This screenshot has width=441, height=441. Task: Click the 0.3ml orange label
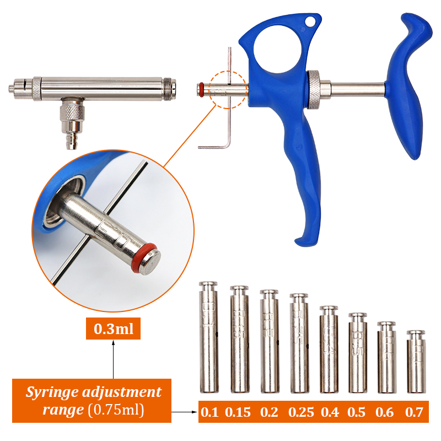[x=113, y=330]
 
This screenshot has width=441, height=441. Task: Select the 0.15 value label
[x=238, y=412]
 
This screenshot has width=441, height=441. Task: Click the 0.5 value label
[x=357, y=412]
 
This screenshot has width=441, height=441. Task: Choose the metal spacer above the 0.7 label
[x=416, y=361]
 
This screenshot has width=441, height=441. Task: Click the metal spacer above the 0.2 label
[x=268, y=341]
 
